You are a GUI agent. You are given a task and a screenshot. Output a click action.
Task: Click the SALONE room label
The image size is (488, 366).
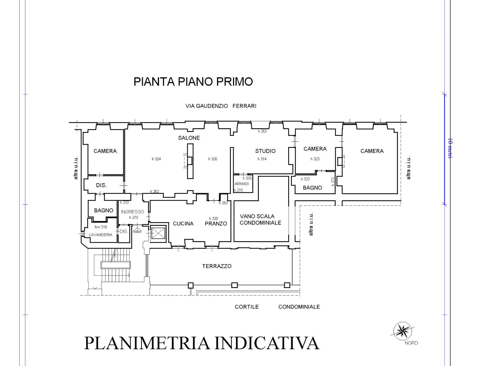tap(189, 138)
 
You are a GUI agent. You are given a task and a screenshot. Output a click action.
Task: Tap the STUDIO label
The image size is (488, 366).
tap(265, 151)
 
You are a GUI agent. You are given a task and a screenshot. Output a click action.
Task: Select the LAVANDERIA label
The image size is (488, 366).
tap(101, 235)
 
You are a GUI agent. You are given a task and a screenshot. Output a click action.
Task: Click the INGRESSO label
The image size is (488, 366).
tap(132, 212)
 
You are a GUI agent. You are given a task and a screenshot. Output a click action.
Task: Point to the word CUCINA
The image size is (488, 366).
tap(183, 224)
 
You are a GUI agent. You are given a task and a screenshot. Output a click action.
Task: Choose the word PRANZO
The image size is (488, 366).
tap(216, 224)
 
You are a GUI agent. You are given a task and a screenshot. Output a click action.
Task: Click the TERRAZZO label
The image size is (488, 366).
tap(217, 266)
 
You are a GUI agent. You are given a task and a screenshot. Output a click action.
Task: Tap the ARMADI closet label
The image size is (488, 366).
tap(242, 184)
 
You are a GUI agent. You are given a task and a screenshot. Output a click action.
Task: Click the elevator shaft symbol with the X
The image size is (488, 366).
tap(158, 233)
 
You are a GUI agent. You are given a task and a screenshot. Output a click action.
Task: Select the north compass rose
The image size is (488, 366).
tap(402, 331)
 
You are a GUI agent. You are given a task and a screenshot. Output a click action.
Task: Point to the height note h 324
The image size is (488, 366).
tap(156, 159)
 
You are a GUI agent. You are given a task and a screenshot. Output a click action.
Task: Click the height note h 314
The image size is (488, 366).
tap(262, 159)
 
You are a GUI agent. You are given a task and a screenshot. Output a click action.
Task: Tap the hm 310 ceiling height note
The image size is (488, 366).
tap(101, 227)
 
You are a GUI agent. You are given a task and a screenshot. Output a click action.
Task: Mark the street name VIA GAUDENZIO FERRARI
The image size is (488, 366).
tap(221, 106)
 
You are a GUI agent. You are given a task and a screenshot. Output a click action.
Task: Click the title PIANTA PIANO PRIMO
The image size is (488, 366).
tap(193, 82)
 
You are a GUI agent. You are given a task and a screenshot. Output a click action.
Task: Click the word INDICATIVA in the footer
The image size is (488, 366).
tap(267, 343)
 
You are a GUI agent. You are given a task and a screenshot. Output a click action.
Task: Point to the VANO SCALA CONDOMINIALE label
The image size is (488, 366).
tap(260, 219)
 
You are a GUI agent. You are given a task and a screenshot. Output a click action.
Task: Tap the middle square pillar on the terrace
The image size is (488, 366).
tap(234, 285)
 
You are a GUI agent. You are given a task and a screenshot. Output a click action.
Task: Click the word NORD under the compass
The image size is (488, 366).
tap(411, 343)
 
